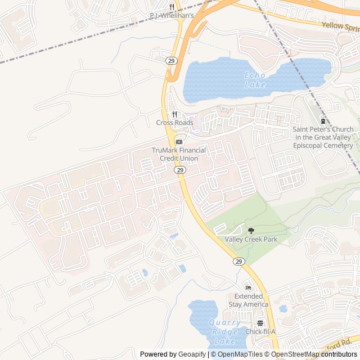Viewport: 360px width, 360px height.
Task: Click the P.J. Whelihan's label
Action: pyautogui.click(x=172, y=16)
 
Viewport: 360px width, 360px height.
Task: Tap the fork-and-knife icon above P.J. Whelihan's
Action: pyautogui.click(x=172, y=7)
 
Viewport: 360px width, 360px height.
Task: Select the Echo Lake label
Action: pyautogui.click(x=255, y=80)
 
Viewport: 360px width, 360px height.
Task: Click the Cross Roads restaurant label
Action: pyautogui.click(x=174, y=123)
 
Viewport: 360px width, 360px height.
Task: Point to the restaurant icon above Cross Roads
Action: pyautogui.click(x=174, y=115)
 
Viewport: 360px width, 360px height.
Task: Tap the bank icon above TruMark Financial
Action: pyautogui.click(x=179, y=141)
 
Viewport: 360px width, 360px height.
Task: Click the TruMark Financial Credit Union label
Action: pyautogui.click(x=179, y=154)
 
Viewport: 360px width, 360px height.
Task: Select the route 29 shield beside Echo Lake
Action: pyautogui.click(x=170, y=60)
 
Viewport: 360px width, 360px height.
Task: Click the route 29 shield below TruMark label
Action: pyautogui.click(x=179, y=169)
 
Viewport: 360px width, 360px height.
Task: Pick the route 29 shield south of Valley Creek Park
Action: pyautogui.click(x=238, y=262)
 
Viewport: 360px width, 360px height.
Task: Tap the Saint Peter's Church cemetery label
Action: pyautogui.click(x=323, y=137)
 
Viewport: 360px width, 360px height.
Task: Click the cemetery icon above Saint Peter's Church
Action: pyautogui.click(x=323, y=120)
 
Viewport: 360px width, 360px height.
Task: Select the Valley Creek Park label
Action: pyautogui.click(x=251, y=240)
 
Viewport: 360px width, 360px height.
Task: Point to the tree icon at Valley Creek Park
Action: pyautogui.click(x=251, y=231)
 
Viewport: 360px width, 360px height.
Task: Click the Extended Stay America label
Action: pyautogui.click(x=248, y=300)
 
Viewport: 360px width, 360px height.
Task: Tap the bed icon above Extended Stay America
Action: pyautogui.click(x=248, y=288)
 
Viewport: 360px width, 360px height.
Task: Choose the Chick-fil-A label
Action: pyautogui.click(x=260, y=331)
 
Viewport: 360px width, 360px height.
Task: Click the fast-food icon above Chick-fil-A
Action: pyautogui.click(x=260, y=323)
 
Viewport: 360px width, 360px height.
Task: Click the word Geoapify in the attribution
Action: pyautogui.click(x=192, y=354)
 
